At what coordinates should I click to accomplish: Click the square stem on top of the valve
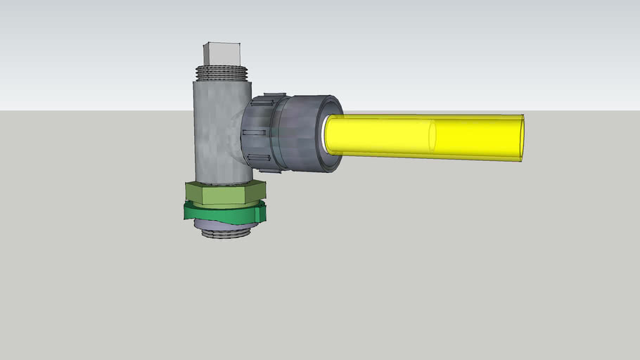pos(222,54)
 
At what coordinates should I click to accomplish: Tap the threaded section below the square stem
pos(223,72)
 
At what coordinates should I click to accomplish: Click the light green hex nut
pos(225,193)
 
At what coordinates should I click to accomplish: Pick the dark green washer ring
pos(224,212)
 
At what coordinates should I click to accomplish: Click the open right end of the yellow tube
pos(521,138)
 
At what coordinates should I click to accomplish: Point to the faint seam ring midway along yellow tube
pos(431,136)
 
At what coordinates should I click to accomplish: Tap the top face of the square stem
pos(221,44)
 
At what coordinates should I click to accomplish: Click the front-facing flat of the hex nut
pos(223,195)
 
